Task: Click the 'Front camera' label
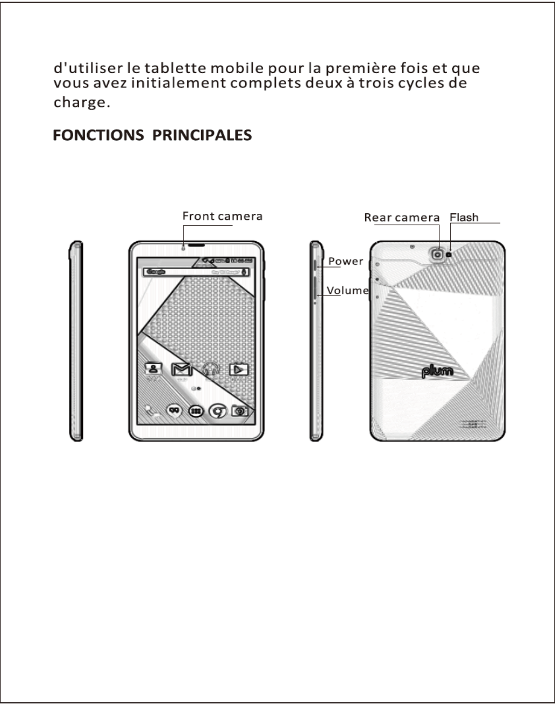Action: (x=222, y=217)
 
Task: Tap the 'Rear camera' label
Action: (x=402, y=217)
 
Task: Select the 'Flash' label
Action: (x=464, y=217)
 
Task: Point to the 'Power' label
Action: (x=346, y=261)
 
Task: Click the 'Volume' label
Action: (x=347, y=291)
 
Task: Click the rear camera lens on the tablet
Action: (x=438, y=254)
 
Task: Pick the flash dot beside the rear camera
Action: (x=450, y=254)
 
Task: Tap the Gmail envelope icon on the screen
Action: (x=180, y=369)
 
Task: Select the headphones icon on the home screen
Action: (x=209, y=369)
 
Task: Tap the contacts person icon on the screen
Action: (x=154, y=369)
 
